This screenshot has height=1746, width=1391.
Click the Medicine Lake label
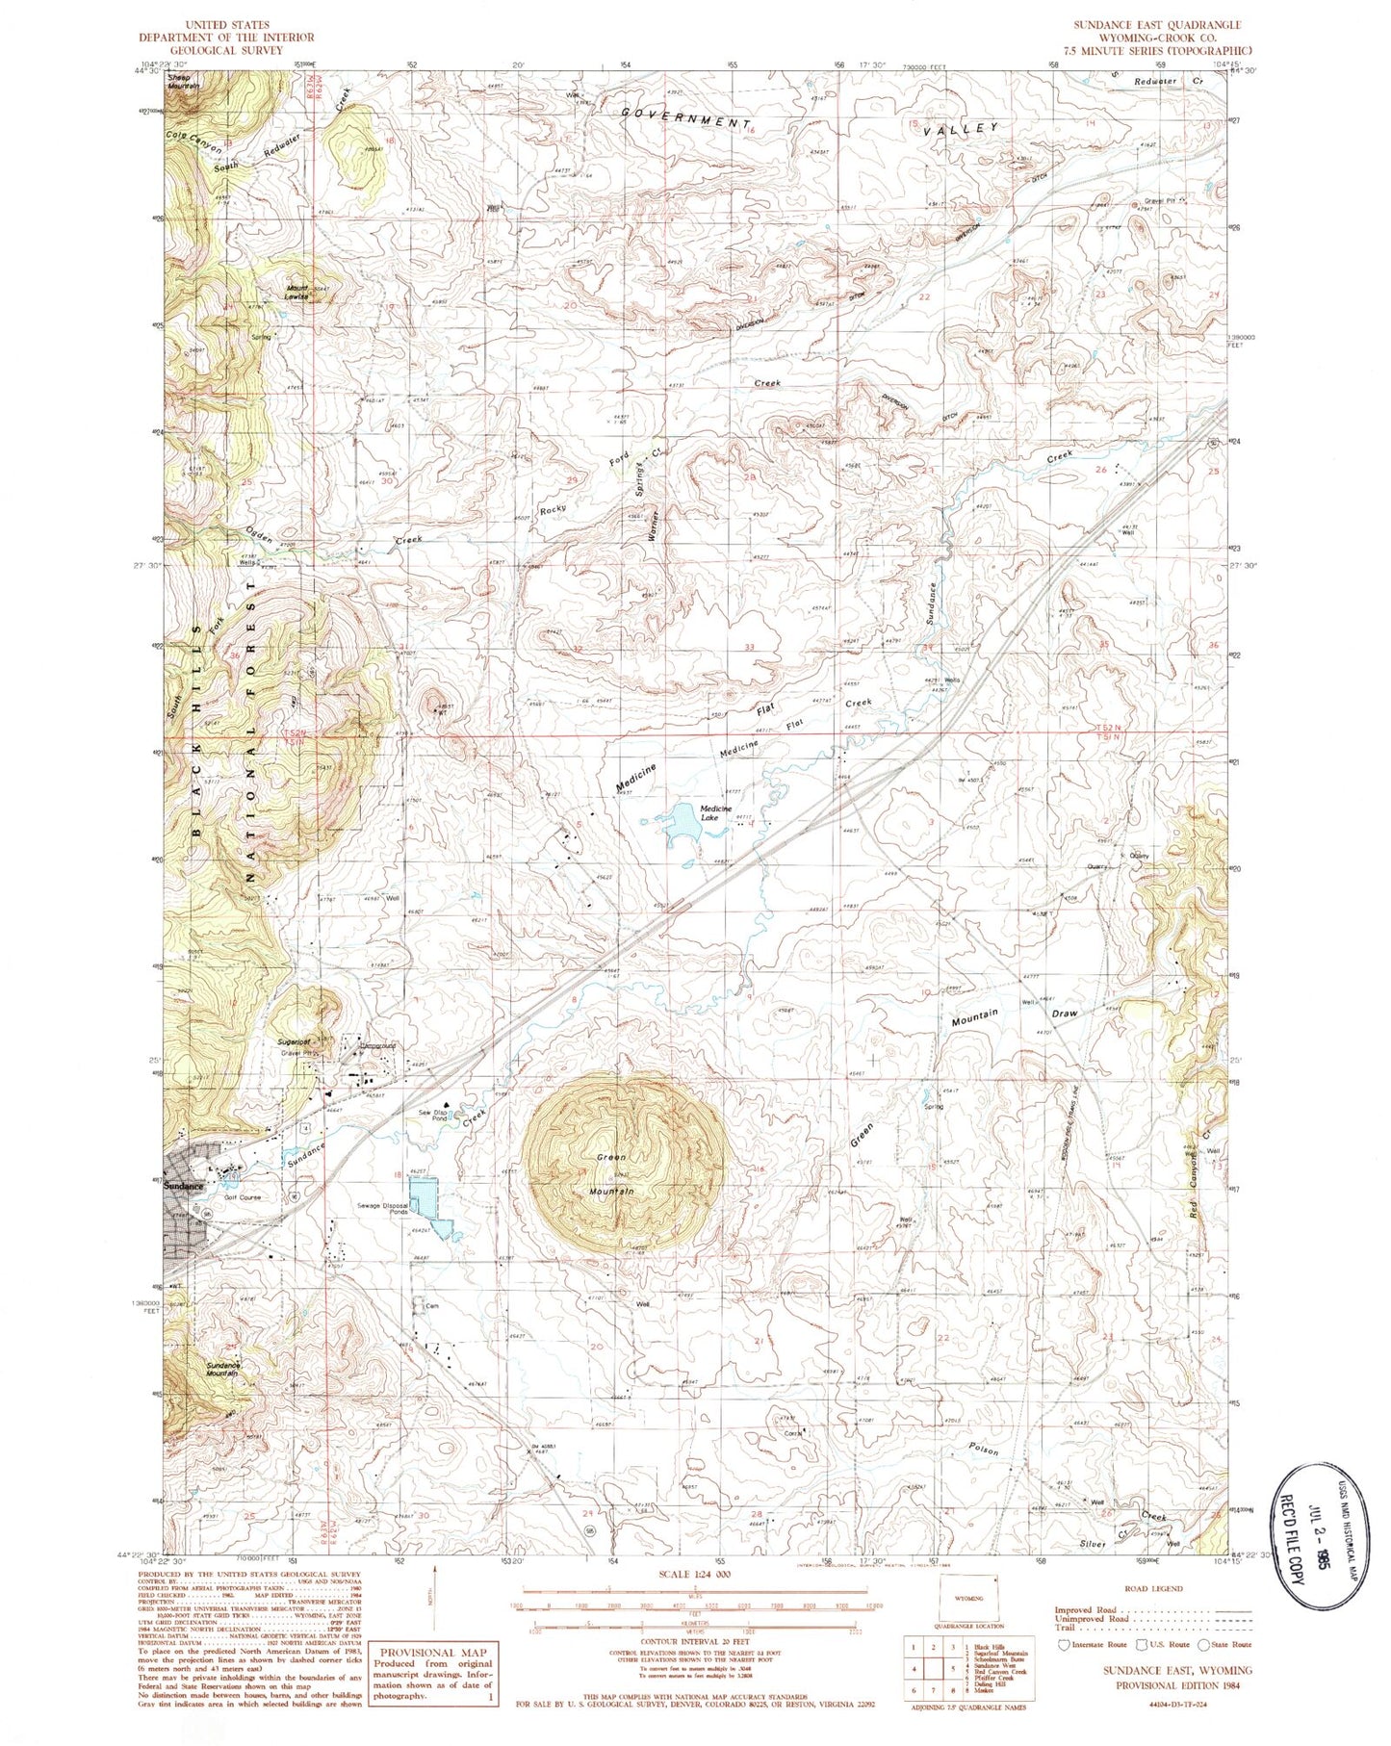pos(716,813)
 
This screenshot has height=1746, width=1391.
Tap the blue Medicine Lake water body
pos(683,826)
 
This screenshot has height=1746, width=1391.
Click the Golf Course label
pos(243,1197)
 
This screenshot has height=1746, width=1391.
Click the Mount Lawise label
pos(296,293)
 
